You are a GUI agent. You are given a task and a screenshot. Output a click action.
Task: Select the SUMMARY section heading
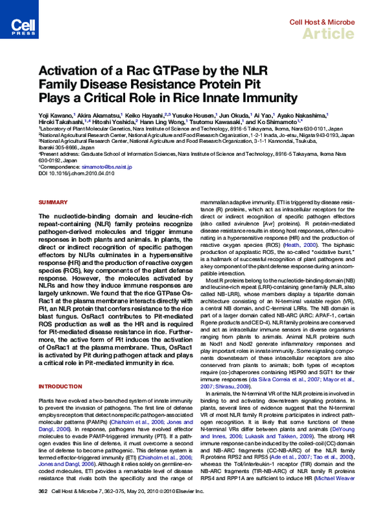(53, 203)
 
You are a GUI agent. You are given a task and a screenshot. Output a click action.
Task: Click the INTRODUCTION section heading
(60, 386)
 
